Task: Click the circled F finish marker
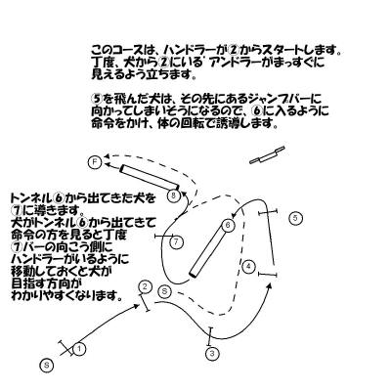[x=95, y=162]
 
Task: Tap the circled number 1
[x=79, y=350]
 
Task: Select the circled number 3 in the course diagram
[x=212, y=354]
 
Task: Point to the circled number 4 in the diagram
[x=248, y=267]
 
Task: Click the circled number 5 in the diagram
[x=295, y=218]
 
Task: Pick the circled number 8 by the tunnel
[x=175, y=195]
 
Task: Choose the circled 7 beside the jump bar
[x=176, y=242]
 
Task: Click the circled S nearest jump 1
[x=47, y=365]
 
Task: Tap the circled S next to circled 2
[x=164, y=291]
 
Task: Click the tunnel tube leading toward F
[x=150, y=177]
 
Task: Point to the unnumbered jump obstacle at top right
[x=267, y=155]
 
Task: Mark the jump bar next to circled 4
[x=268, y=275]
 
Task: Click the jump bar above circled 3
[x=210, y=336]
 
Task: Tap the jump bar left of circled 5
[x=268, y=212]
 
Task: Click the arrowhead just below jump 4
[x=269, y=286]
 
